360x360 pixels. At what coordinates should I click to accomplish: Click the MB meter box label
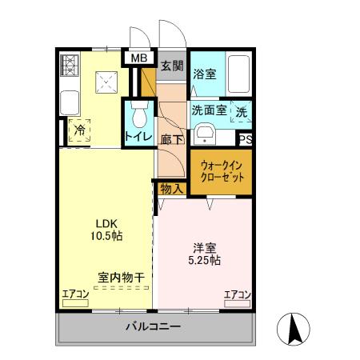click(x=138, y=58)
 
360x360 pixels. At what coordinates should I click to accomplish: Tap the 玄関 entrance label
click(x=170, y=66)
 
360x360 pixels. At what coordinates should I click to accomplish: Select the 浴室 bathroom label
click(x=204, y=74)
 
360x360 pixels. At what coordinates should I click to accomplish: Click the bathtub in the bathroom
click(x=239, y=75)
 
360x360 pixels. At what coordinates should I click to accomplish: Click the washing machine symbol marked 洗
click(x=242, y=112)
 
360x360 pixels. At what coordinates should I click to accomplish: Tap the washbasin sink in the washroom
click(x=206, y=133)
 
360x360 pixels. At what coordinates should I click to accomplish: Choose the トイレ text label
click(x=137, y=138)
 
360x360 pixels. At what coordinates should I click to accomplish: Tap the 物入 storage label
click(x=170, y=188)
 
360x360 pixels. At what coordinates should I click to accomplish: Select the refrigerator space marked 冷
click(x=79, y=129)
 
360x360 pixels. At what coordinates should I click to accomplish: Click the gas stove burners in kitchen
click(x=68, y=66)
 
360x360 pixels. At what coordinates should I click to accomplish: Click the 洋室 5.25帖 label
click(x=206, y=254)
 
